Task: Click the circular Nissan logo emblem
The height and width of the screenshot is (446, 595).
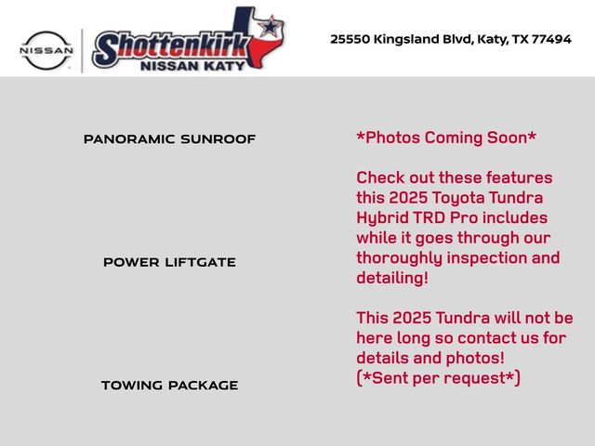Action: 46,49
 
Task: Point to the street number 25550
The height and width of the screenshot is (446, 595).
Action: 351,39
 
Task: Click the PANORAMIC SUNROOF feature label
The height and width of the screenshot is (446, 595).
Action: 169,139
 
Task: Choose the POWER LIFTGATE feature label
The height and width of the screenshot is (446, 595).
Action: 169,262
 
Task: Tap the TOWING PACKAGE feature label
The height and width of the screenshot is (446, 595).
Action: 169,385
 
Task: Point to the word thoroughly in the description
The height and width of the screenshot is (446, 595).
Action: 402,257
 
